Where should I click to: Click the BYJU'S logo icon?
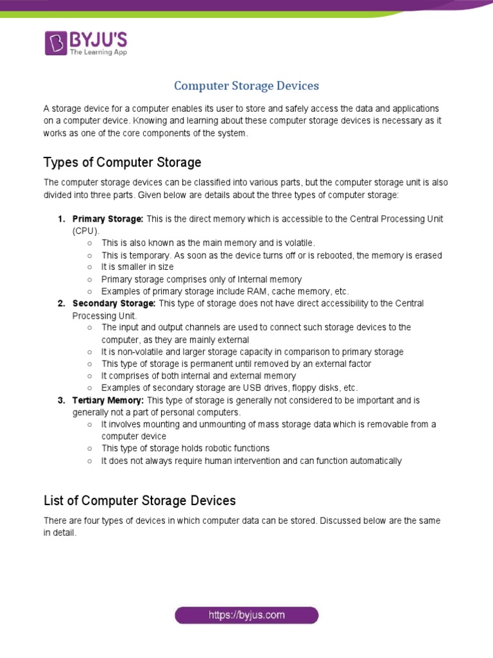click(x=56, y=42)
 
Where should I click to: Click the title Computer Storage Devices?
click(x=246, y=85)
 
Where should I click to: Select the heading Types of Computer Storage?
click(x=122, y=162)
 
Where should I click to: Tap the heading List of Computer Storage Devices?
click(x=139, y=500)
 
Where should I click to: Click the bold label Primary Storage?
click(x=108, y=219)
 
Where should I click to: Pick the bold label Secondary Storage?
click(x=114, y=303)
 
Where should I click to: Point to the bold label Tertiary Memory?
click(x=108, y=400)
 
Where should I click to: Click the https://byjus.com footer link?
click(x=246, y=615)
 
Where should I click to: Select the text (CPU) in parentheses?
click(x=86, y=231)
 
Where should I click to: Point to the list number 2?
click(x=61, y=303)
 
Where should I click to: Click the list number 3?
click(x=61, y=400)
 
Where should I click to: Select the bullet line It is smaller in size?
click(x=137, y=267)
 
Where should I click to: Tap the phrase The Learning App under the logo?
click(x=98, y=52)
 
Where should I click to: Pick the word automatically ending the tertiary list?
click(x=376, y=461)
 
